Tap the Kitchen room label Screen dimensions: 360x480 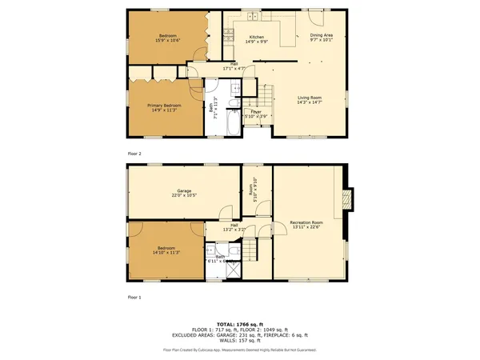(256, 37)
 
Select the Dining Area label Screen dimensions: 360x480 (322, 36)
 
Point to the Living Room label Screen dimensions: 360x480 (309, 98)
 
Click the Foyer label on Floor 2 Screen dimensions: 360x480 (256, 112)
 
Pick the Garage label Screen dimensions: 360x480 (184, 190)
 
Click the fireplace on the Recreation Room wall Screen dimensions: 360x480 (346, 198)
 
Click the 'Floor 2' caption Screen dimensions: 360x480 (134, 152)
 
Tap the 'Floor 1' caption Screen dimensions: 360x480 (134, 297)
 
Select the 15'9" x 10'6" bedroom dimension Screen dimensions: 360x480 (168, 41)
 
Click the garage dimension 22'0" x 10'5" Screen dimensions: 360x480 (184, 194)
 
